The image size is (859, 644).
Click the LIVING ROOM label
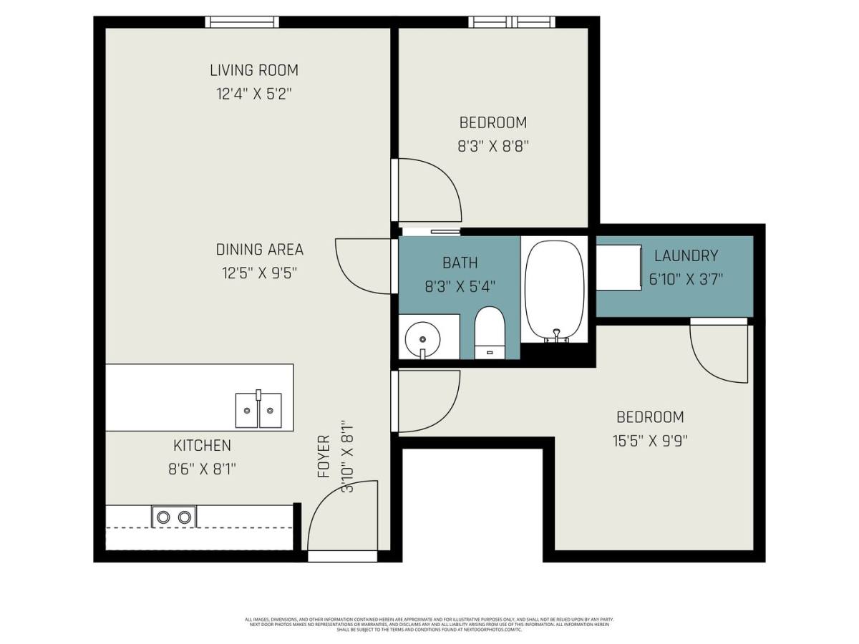[x=253, y=70]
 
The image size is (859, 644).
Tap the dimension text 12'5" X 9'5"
[x=259, y=273]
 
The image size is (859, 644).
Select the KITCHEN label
[x=202, y=445]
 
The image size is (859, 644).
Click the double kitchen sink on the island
[x=258, y=410]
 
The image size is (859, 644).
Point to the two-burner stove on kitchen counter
[x=173, y=516]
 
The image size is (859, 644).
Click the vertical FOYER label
[x=324, y=456]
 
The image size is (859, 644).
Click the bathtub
[x=554, y=290]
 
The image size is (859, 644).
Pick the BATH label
[x=460, y=263]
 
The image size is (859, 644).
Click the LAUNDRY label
[x=686, y=255]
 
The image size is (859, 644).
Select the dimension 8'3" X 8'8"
[x=492, y=146]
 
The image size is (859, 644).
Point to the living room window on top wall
[x=242, y=22]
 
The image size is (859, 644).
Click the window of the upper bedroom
[x=513, y=22]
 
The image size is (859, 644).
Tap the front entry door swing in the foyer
[x=344, y=519]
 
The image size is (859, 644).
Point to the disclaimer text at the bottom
[x=429, y=624]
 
